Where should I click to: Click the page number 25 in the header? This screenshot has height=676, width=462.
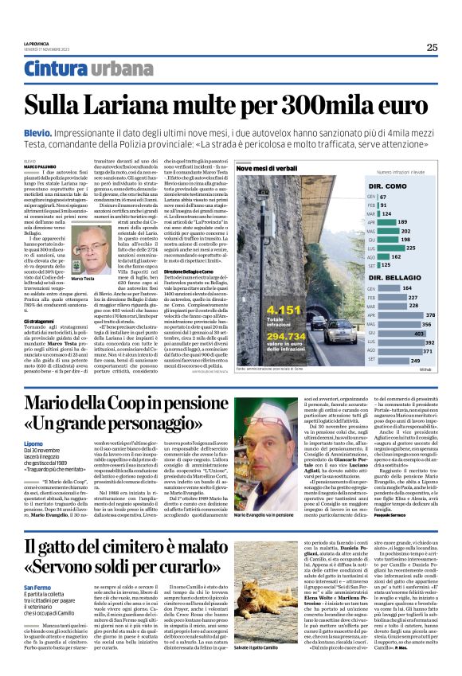pos(432,47)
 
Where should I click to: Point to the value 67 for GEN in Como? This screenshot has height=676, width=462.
pos(383,196)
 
